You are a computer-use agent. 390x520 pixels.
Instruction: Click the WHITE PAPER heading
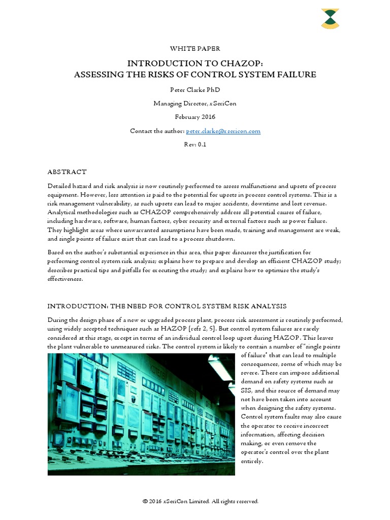tap(195, 49)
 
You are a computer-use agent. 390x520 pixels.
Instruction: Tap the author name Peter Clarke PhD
tap(195, 90)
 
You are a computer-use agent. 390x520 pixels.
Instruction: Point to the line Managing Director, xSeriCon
tap(195, 104)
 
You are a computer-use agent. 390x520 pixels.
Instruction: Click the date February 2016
tap(195, 117)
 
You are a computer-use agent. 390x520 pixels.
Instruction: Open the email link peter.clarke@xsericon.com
tap(223, 131)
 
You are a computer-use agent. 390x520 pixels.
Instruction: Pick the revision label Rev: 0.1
tap(195, 144)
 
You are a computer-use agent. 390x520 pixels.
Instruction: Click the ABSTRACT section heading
tap(67, 172)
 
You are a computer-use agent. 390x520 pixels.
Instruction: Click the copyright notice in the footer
tap(201, 501)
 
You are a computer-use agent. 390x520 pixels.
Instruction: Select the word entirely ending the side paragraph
tap(252, 461)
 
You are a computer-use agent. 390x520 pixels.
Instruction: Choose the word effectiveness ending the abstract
tap(64, 279)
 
